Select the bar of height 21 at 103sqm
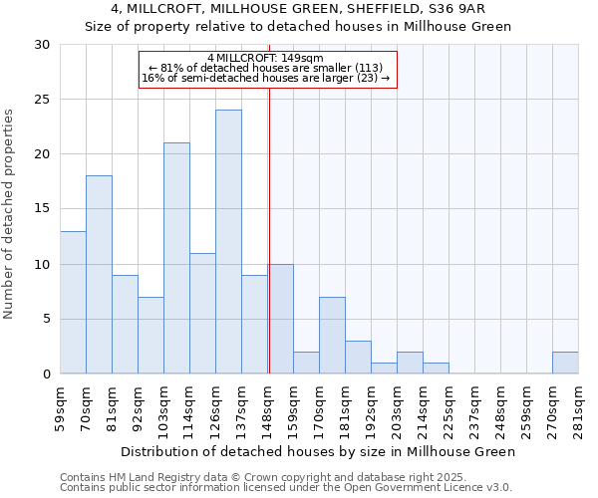coord(176,258)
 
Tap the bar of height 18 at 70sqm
coord(99,275)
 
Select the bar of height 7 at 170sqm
coord(332,336)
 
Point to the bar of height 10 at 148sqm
coord(281,319)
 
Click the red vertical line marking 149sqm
coord(269,229)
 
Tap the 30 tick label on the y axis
coord(41,45)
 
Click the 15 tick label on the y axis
coord(41,209)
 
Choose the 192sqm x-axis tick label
coord(372,407)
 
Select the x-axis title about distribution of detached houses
coord(325,451)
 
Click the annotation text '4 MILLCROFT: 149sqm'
coord(266,58)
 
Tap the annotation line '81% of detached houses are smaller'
coord(266,68)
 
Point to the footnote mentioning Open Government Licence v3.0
coord(286,487)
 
